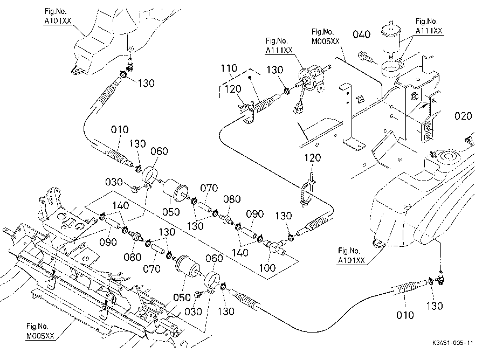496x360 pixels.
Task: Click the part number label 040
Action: [361, 34]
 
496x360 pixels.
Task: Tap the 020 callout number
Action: [463, 116]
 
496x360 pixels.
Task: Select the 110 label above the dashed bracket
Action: [229, 68]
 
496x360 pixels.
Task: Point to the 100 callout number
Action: [267, 268]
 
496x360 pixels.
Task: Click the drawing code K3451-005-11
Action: [453, 343]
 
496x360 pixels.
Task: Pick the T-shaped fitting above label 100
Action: [275, 246]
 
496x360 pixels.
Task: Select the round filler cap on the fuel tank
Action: [448, 156]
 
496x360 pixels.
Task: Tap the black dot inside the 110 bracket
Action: [249, 77]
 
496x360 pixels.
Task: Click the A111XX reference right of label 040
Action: [429, 31]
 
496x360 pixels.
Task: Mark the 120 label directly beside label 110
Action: [233, 89]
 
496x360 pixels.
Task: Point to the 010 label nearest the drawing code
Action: [405, 315]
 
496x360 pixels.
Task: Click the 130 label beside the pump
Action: [274, 70]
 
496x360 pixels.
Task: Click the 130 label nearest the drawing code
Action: [435, 306]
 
